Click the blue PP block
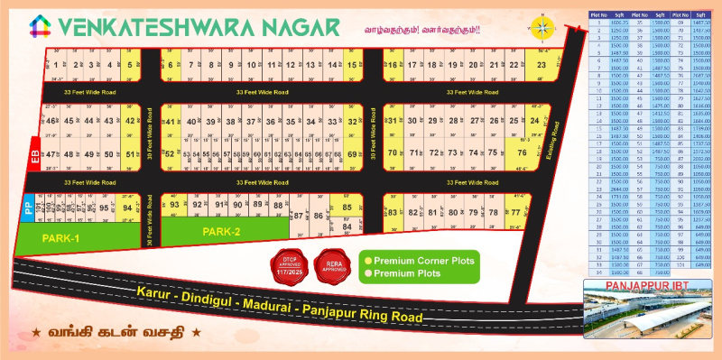(27, 208)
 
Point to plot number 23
(541, 65)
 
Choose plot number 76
(520, 153)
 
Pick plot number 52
(169, 154)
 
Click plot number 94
(126, 208)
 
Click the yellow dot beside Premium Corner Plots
(367, 261)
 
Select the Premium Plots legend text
(403, 272)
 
